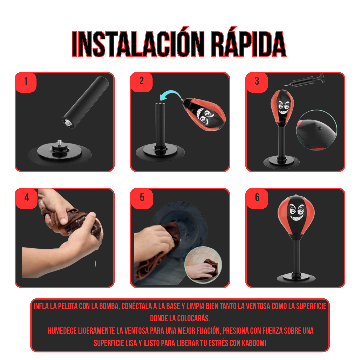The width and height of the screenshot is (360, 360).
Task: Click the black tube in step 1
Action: pyautogui.click(x=85, y=102)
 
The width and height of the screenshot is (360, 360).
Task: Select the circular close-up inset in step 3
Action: pyautogui.click(x=317, y=130)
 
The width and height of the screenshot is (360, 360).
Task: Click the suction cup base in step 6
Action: pyautogui.click(x=296, y=277)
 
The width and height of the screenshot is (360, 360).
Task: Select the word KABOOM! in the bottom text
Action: pyautogui.click(x=254, y=343)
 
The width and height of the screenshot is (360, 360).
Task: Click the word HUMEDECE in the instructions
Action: pyautogui.click(x=62, y=331)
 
